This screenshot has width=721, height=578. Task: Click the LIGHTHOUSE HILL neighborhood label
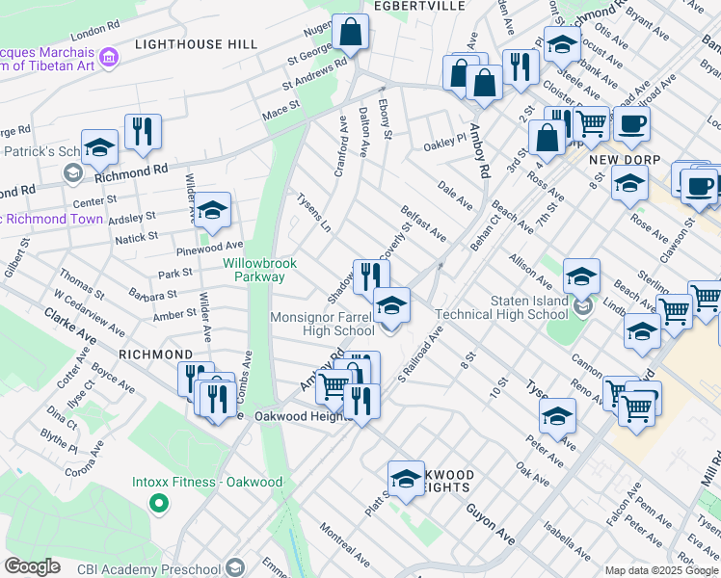pos(196,44)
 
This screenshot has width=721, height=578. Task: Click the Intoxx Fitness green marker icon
pos(156,503)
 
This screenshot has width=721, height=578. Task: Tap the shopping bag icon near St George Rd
pos(351,33)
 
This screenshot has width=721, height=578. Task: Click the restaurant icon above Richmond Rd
pos(143,132)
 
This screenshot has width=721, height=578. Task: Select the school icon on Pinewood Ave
pos(213,210)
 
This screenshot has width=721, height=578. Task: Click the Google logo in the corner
pos(32,566)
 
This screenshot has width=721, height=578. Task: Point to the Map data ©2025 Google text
pos(661,570)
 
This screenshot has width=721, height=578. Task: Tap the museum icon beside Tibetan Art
pos(109,58)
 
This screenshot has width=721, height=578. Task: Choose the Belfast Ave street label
pos(424,223)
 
